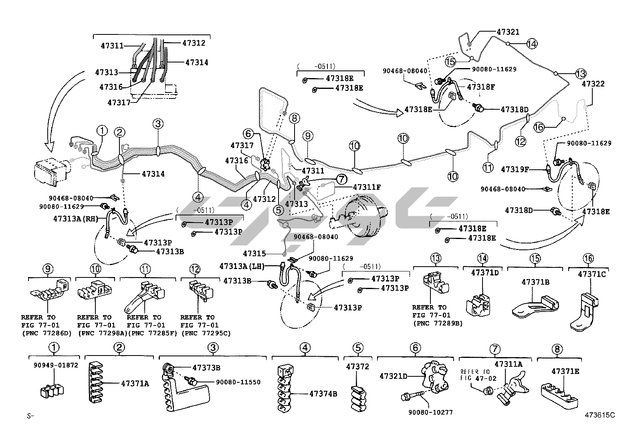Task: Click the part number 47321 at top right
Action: point(508,32)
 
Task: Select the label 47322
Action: point(593,84)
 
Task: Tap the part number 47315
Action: point(254,253)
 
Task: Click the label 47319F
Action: point(515,169)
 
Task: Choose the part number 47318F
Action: point(481,87)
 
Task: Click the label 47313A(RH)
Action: point(76,219)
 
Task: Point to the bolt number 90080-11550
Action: point(238,382)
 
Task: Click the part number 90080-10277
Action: point(430,412)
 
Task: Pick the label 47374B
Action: point(323,394)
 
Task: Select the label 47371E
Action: point(565,371)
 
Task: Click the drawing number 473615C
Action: point(599,415)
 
